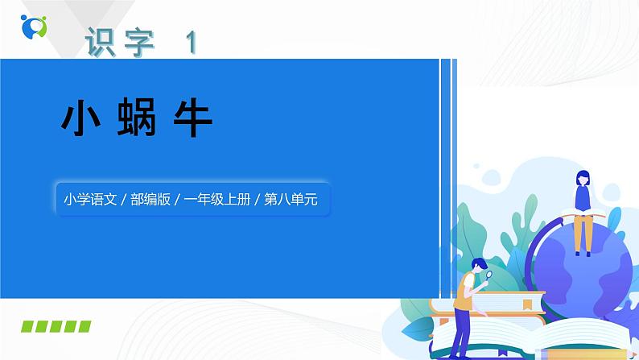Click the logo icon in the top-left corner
[35, 26]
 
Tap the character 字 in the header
[142, 43]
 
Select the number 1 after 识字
[191, 43]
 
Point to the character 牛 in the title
[192, 119]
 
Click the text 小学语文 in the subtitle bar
[89, 199]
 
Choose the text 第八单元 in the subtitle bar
[290, 199]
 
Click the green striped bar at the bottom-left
[56, 326]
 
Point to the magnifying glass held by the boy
[489, 274]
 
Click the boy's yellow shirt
[464, 290]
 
